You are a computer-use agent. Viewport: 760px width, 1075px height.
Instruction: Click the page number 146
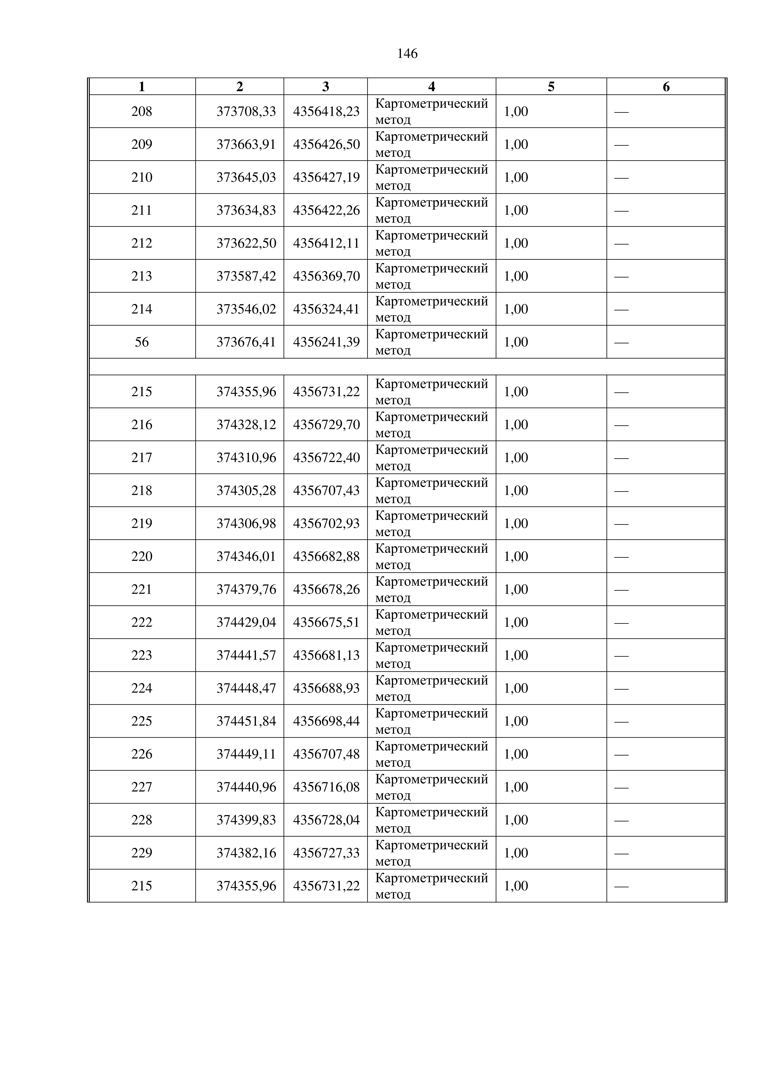pyautogui.click(x=407, y=54)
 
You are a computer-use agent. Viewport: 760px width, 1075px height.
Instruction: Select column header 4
pyautogui.click(x=431, y=87)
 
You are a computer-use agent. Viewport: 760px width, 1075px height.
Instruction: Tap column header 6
pyautogui.click(x=666, y=87)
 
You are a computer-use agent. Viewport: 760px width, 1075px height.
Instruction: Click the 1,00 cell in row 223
pyautogui.click(x=516, y=655)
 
